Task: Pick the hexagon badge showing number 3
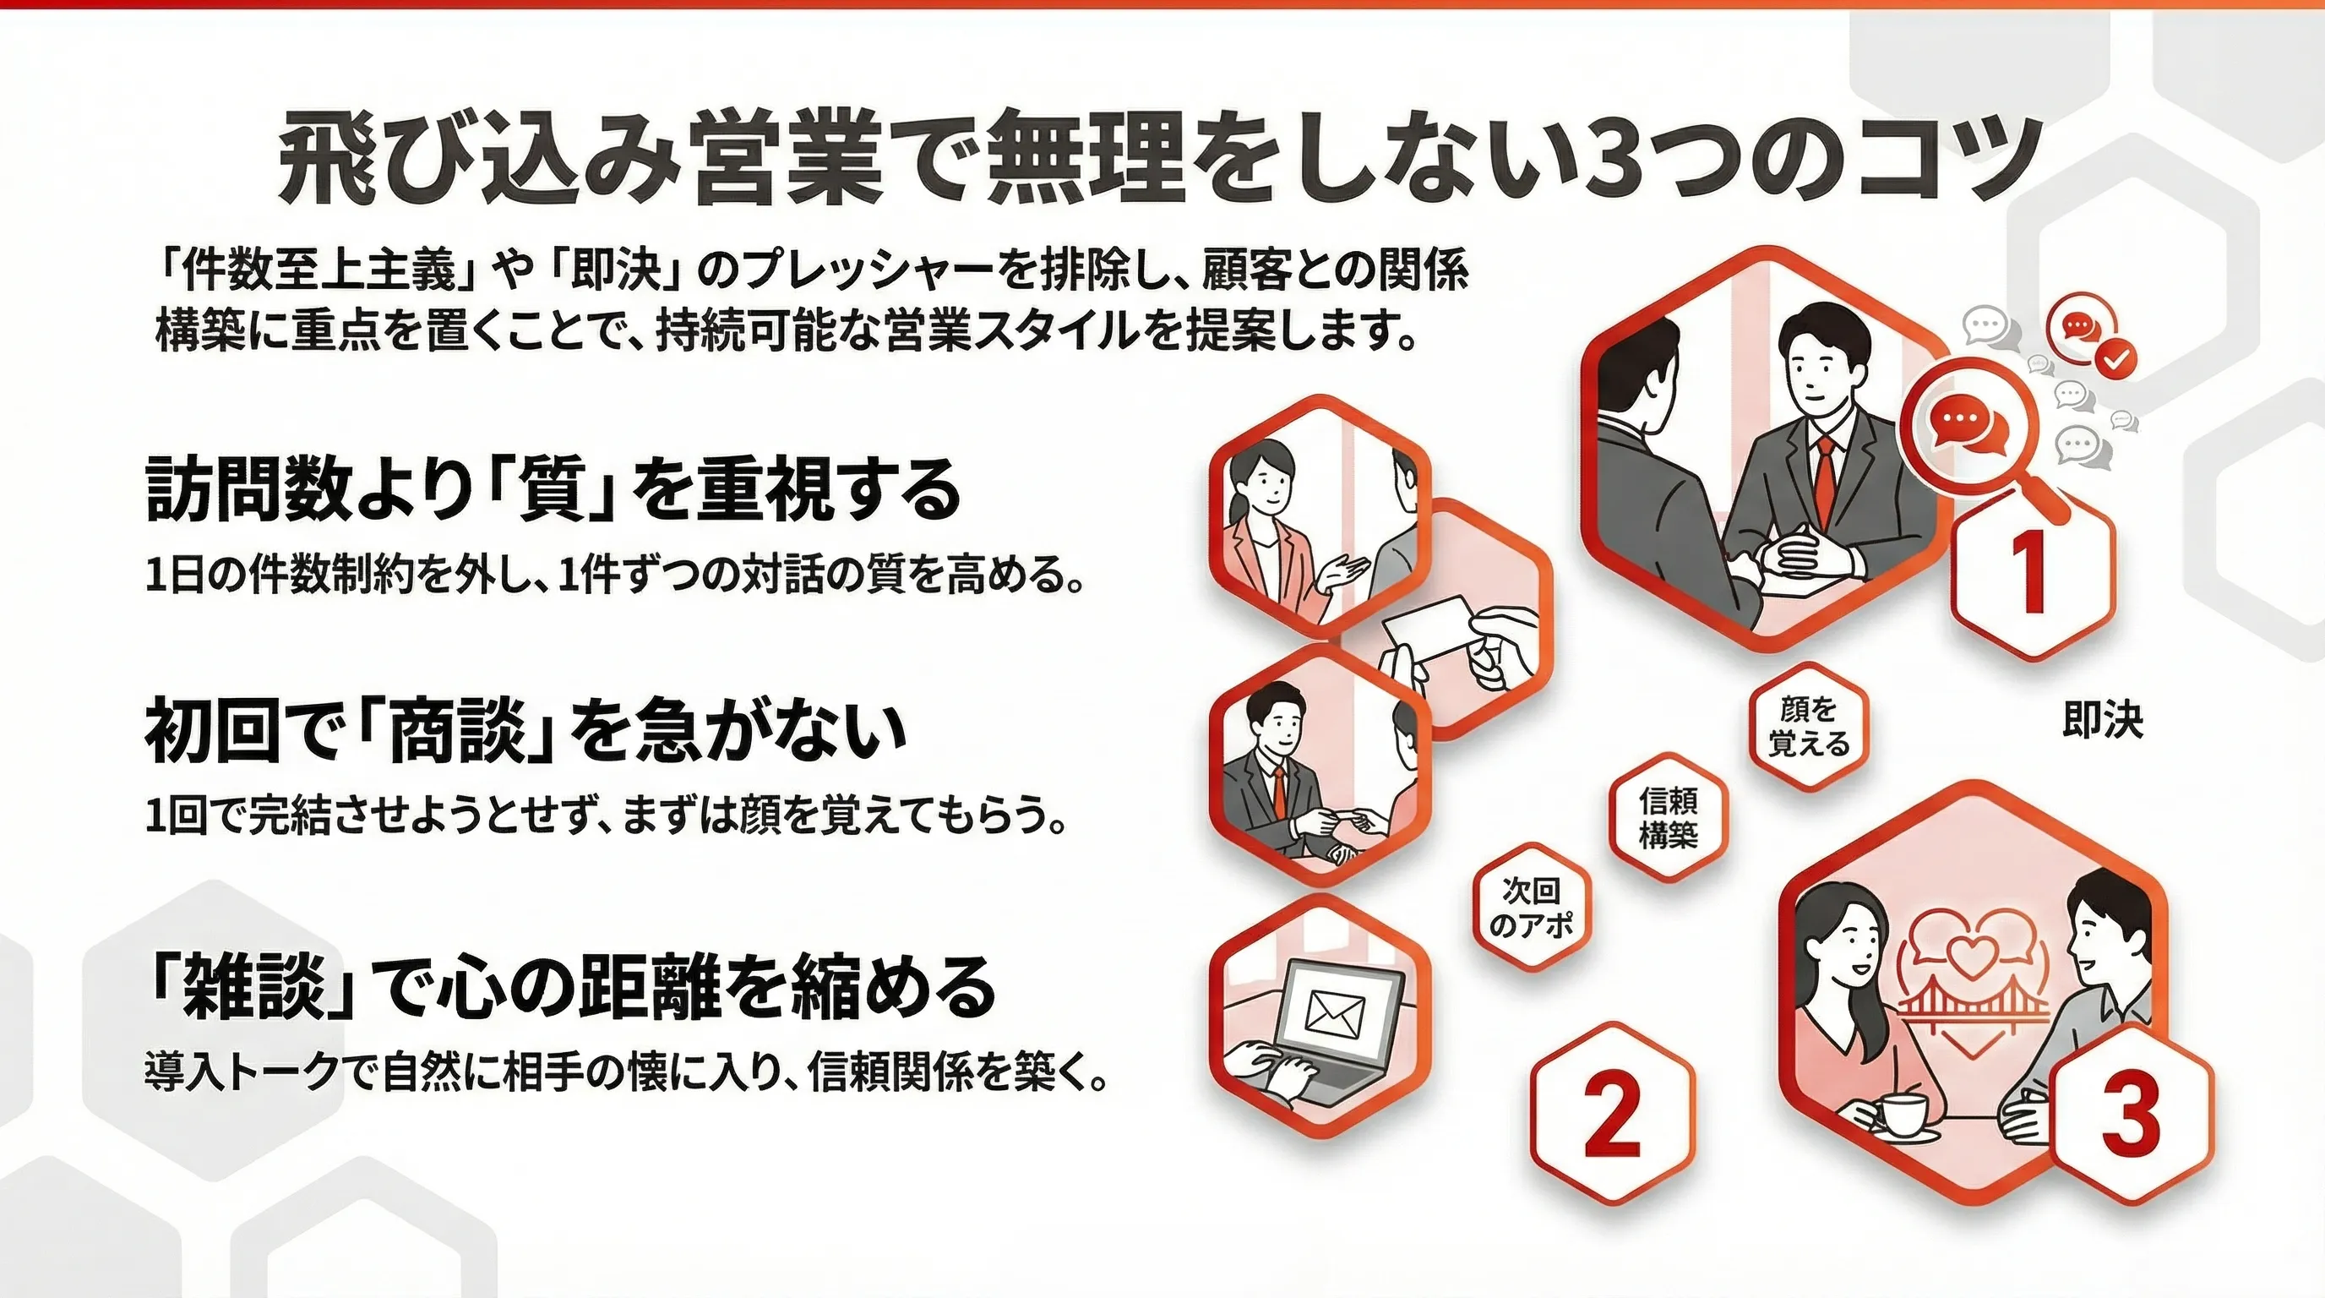(x=2131, y=1113)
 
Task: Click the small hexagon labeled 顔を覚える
(x=1809, y=727)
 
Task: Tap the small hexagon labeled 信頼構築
(x=1668, y=817)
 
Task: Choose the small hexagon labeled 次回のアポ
(x=1531, y=906)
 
